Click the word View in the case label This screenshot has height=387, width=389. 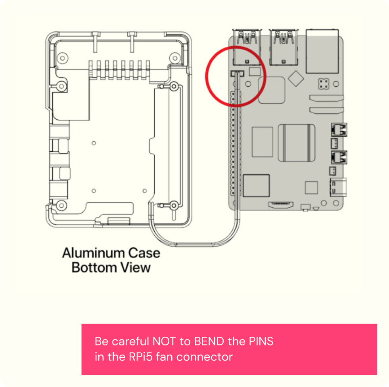tap(137, 267)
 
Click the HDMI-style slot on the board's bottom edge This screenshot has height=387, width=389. tap(281, 205)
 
